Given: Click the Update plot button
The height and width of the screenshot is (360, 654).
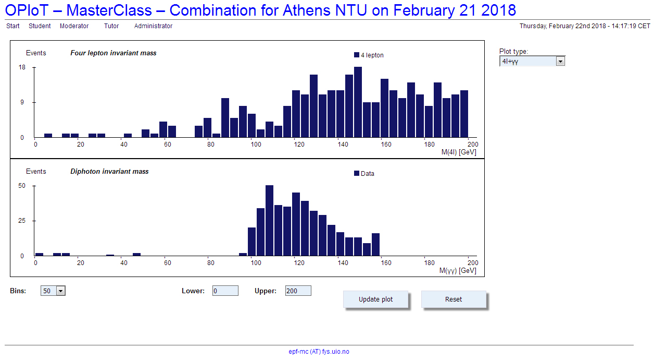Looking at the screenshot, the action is tap(375, 299).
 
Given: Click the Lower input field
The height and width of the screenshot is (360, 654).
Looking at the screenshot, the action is tap(225, 291).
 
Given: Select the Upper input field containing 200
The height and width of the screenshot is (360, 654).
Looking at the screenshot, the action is tap(298, 291).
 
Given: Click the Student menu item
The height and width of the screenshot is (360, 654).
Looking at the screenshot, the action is tap(40, 26).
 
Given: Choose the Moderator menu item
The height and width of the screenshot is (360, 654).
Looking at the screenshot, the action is tap(74, 26).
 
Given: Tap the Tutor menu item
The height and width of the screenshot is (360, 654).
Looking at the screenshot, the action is tap(111, 26).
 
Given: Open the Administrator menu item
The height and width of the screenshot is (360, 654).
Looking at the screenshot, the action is tap(153, 26).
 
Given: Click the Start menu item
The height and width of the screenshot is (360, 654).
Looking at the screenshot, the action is tap(13, 26).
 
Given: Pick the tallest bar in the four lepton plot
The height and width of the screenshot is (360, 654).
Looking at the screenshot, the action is tap(358, 102).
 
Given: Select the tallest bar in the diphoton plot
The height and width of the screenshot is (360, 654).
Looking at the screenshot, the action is tap(270, 221).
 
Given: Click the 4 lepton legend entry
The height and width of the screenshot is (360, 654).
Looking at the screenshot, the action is tap(369, 55).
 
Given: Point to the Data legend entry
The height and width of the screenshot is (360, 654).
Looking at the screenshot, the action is tap(364, 173).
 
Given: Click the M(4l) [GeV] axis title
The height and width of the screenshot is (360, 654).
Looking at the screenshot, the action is tap(459, 152).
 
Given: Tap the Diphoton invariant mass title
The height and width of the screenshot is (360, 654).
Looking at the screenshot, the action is tap(109, 171).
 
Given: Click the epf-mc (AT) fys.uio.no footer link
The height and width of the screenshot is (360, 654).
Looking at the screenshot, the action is tap(319, 352).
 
